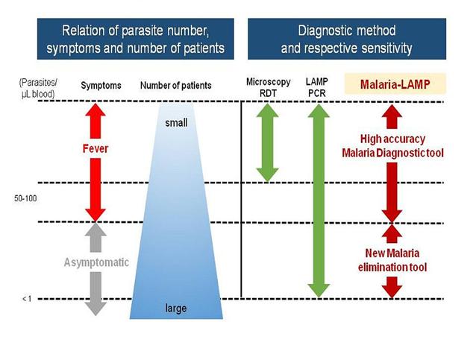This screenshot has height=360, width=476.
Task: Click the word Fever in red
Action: pos(95,148)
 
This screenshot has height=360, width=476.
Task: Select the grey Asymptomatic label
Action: pos(95,262)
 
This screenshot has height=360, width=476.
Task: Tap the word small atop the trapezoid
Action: pos(175,122)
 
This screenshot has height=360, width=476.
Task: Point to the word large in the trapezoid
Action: pos(175,307)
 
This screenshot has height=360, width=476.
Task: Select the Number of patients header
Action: pos(175,86)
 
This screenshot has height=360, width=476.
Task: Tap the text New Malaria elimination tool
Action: pos(393,261)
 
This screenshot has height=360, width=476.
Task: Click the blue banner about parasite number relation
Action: pos(134,40)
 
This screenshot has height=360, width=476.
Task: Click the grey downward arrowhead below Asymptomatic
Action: pos(95,305)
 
